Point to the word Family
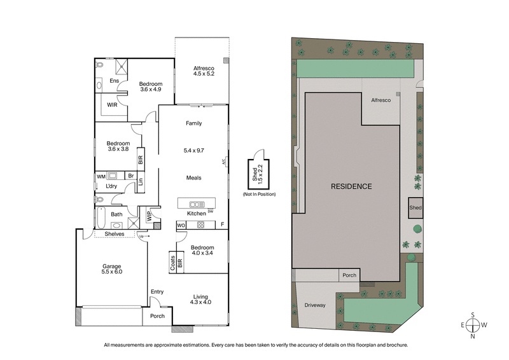[x=194, y=123]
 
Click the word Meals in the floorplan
[x=194, y=177]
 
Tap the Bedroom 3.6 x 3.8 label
[x=118, y=146]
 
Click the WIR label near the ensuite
[x=111, y=104]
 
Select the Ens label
[x=114, y=81]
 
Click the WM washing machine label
[x=101, y=176]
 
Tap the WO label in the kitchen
[x=181, y=225]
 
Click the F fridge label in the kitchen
[x=222, y=225]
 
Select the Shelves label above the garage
[x=114, y=233]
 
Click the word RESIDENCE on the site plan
[x=351, y=186]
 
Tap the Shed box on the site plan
[x=415, y=208]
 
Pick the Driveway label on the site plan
[x=314, y=305]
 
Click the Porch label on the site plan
[x=348, y=275]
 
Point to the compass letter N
[x=473, y=337]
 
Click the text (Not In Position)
[x=258, y=193]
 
